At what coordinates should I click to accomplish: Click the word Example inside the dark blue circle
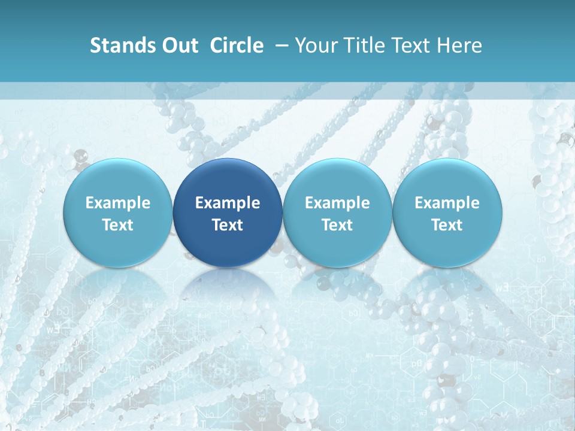228,203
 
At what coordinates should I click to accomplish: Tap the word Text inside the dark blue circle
228,225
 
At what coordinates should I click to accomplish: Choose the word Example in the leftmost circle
118,203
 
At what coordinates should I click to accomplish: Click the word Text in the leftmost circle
118,225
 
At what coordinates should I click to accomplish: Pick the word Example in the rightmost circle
447,203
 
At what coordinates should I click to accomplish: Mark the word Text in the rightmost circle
447,225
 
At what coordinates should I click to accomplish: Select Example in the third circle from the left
337,203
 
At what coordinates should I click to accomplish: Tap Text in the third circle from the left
337,225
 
